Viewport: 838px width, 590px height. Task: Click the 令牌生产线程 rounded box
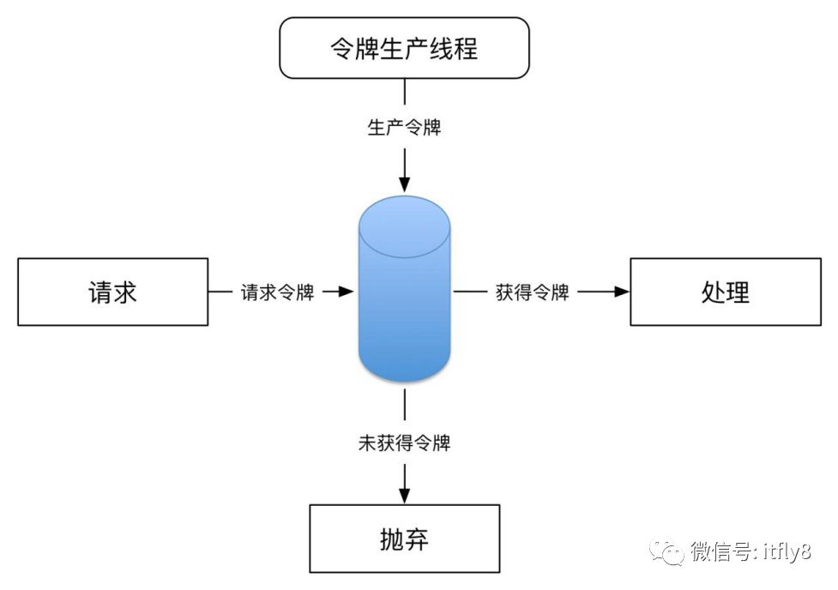point(404,47)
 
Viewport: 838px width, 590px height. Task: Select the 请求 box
point(112,292)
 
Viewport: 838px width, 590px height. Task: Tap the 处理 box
point(725,292)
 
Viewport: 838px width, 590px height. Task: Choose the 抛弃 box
point(404,539)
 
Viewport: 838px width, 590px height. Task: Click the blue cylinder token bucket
point(404,300)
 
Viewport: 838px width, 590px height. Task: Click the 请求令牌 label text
point(277,292)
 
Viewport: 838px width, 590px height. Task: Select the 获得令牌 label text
point(533,292)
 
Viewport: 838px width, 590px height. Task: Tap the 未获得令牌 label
point(404,443)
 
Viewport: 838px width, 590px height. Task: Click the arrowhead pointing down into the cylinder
point(404,184)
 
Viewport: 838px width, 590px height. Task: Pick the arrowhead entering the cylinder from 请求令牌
point(346,292)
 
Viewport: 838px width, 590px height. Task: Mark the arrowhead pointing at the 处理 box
point(620,292)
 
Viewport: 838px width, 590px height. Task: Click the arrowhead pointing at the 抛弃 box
point(404,495)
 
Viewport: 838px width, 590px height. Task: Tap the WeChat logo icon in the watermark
point(666,552)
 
